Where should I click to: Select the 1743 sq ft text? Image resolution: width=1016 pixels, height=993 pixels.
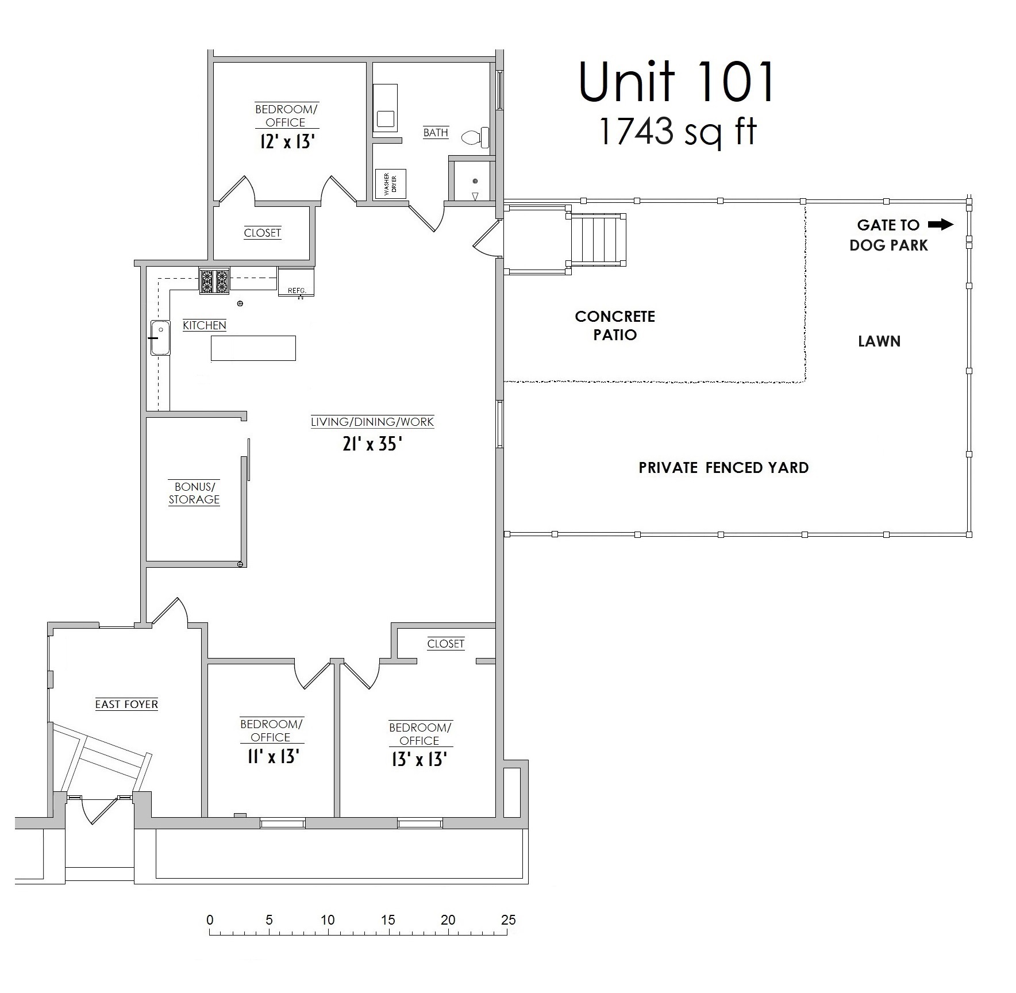(678, 132)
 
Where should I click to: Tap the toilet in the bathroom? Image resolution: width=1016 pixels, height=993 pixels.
(476, 137)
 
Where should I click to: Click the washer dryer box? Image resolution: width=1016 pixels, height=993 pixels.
(391, 184)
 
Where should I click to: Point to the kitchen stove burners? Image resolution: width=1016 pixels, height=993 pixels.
(214, 281)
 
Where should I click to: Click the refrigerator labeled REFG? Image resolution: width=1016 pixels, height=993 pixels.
(296, 282)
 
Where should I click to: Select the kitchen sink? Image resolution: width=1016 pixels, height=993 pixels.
(161, 338)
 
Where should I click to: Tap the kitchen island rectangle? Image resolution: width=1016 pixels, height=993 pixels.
(253, 348)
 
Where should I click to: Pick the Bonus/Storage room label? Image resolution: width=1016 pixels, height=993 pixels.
(194, 493)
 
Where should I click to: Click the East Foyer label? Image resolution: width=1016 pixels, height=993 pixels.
(126, 704)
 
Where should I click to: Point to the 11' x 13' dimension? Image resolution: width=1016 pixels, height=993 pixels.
(272, 756)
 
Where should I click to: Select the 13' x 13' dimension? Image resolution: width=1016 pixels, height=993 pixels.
(420, 760)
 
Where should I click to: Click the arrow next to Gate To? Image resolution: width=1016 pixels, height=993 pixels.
(941, 225)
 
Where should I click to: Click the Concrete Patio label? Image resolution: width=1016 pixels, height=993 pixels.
(615, 325)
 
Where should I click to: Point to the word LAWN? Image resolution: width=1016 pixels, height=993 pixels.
(879, 341)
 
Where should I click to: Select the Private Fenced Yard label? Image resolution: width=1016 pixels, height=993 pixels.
(723, 468)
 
